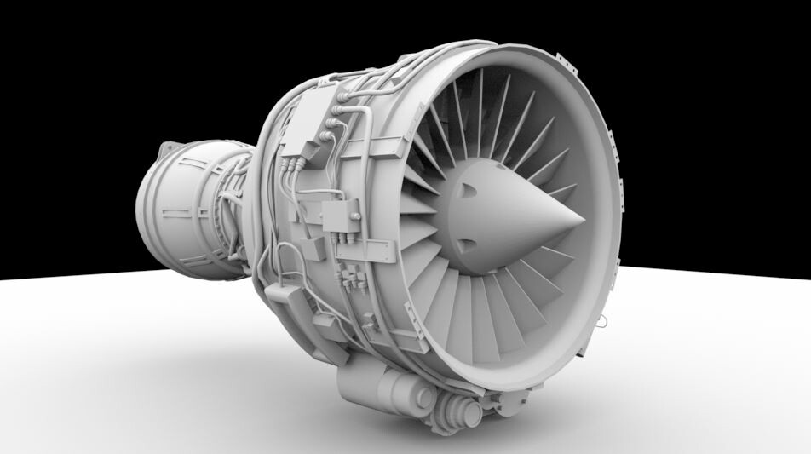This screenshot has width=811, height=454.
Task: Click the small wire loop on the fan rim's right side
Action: pyautogui.click(x=602, y=322)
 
